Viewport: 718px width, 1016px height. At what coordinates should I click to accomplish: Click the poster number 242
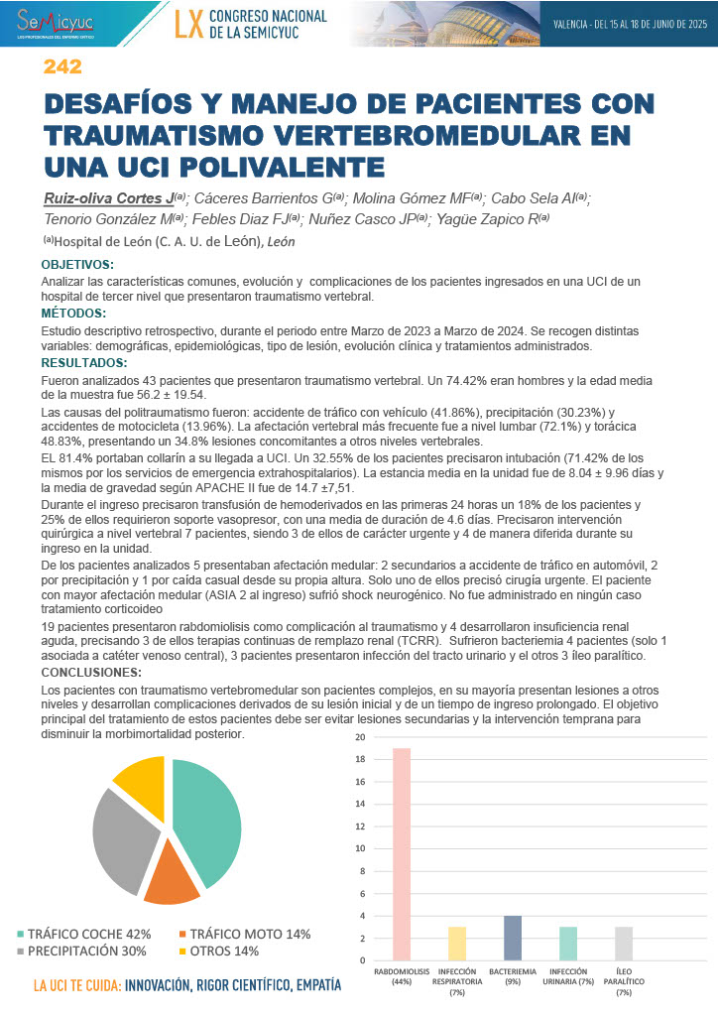click(x=61, y=67)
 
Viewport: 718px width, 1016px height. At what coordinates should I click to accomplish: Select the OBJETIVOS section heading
click(x=77, y=265)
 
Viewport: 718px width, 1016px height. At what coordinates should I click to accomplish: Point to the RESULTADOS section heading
click(x=83, y=363)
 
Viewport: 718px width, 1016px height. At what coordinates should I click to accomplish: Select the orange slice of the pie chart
click(x=171, y=882)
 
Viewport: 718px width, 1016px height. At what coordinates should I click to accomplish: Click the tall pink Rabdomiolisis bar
click(x=401, y=853)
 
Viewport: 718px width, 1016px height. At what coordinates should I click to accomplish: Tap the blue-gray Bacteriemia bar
click(x=513, y=938)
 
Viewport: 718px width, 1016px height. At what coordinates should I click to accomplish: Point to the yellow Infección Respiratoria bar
click(x=456, y=943)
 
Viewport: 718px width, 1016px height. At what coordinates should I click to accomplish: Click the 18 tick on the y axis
click(x=360, y=759)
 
